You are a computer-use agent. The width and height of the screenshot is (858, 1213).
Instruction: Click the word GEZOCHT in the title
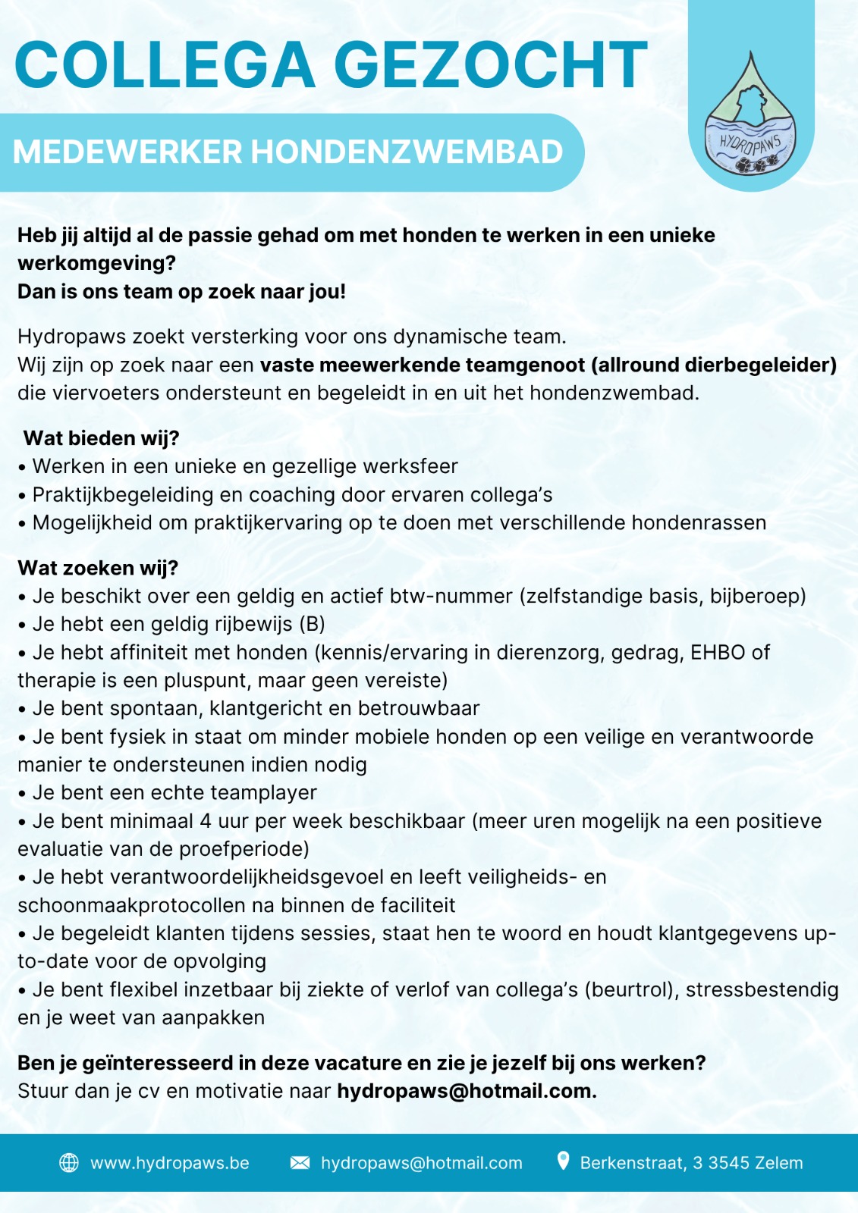tap(491, 65)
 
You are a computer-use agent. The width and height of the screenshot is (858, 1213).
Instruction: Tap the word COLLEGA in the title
tap(165, 65)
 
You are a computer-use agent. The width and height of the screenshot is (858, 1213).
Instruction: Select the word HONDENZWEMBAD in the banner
tap(407, 152)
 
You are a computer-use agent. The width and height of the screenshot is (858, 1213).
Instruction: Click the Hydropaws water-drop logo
tap(750, 118)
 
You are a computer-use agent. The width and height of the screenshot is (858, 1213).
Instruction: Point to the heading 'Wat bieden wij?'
tap(101, 438)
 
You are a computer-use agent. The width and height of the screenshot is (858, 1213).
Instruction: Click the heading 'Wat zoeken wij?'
tap(98, 568)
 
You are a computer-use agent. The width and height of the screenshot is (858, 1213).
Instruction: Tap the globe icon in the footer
tap(69, 1163)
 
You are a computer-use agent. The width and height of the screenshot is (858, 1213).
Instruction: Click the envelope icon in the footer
tap(300, 1163)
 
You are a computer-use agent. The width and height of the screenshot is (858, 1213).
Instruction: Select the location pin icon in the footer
tap(563, 1161)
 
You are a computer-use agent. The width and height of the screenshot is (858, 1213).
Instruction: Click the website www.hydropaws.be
tap(170, 1163)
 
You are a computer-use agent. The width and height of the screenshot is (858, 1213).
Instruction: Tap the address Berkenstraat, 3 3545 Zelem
tap(691, 1163)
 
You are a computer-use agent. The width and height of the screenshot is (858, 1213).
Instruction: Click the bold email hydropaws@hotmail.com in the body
tap(467, 1091)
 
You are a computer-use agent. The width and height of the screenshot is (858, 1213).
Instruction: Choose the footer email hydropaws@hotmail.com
tap(422, 1163)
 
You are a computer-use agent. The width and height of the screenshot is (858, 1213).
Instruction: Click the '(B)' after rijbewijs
tap(312, 624)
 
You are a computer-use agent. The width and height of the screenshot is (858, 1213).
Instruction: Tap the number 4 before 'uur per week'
tap(206, 821)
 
